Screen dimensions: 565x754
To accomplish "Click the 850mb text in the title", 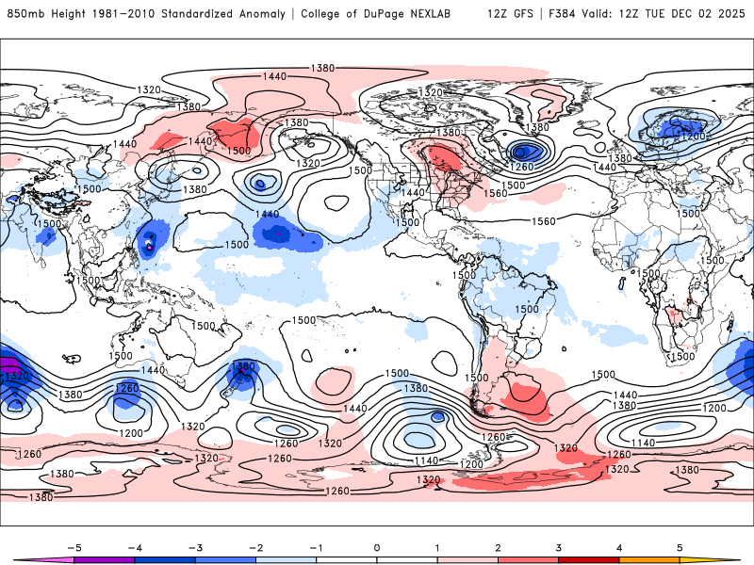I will tap(23, 14).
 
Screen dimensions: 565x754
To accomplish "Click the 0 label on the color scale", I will tap(376, 546).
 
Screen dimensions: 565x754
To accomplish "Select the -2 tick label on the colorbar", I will tap(255, 546).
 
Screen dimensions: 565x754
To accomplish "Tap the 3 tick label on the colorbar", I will tap(558, 546).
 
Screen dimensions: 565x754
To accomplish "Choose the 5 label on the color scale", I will tap(679, 546).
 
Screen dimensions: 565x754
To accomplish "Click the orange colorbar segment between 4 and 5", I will tap(648, 560).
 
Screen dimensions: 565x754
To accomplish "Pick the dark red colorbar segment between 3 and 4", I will tap(588, 560).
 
